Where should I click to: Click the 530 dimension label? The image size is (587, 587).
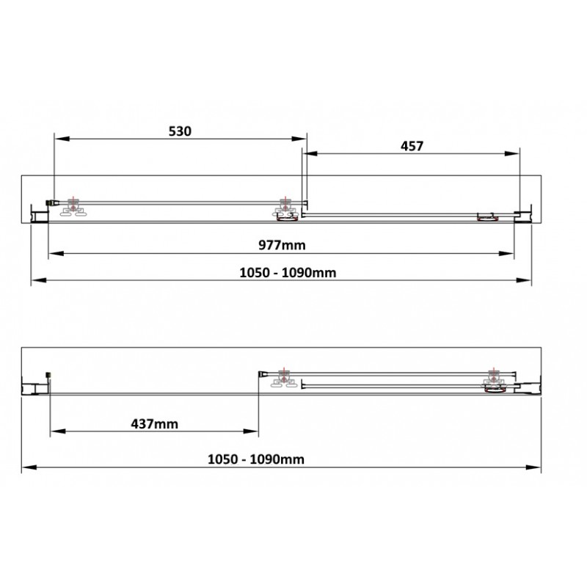180,131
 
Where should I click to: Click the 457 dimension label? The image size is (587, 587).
412,146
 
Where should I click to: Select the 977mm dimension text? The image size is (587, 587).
282,245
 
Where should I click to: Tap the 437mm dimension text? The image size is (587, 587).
154,424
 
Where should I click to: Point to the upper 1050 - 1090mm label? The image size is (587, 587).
288,272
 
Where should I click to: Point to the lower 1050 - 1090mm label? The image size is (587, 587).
255,459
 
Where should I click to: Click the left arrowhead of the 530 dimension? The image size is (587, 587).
62,139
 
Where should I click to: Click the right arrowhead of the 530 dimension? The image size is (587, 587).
299,139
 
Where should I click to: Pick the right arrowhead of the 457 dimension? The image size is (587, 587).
511,153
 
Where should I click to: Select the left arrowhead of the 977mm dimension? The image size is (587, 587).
56,253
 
